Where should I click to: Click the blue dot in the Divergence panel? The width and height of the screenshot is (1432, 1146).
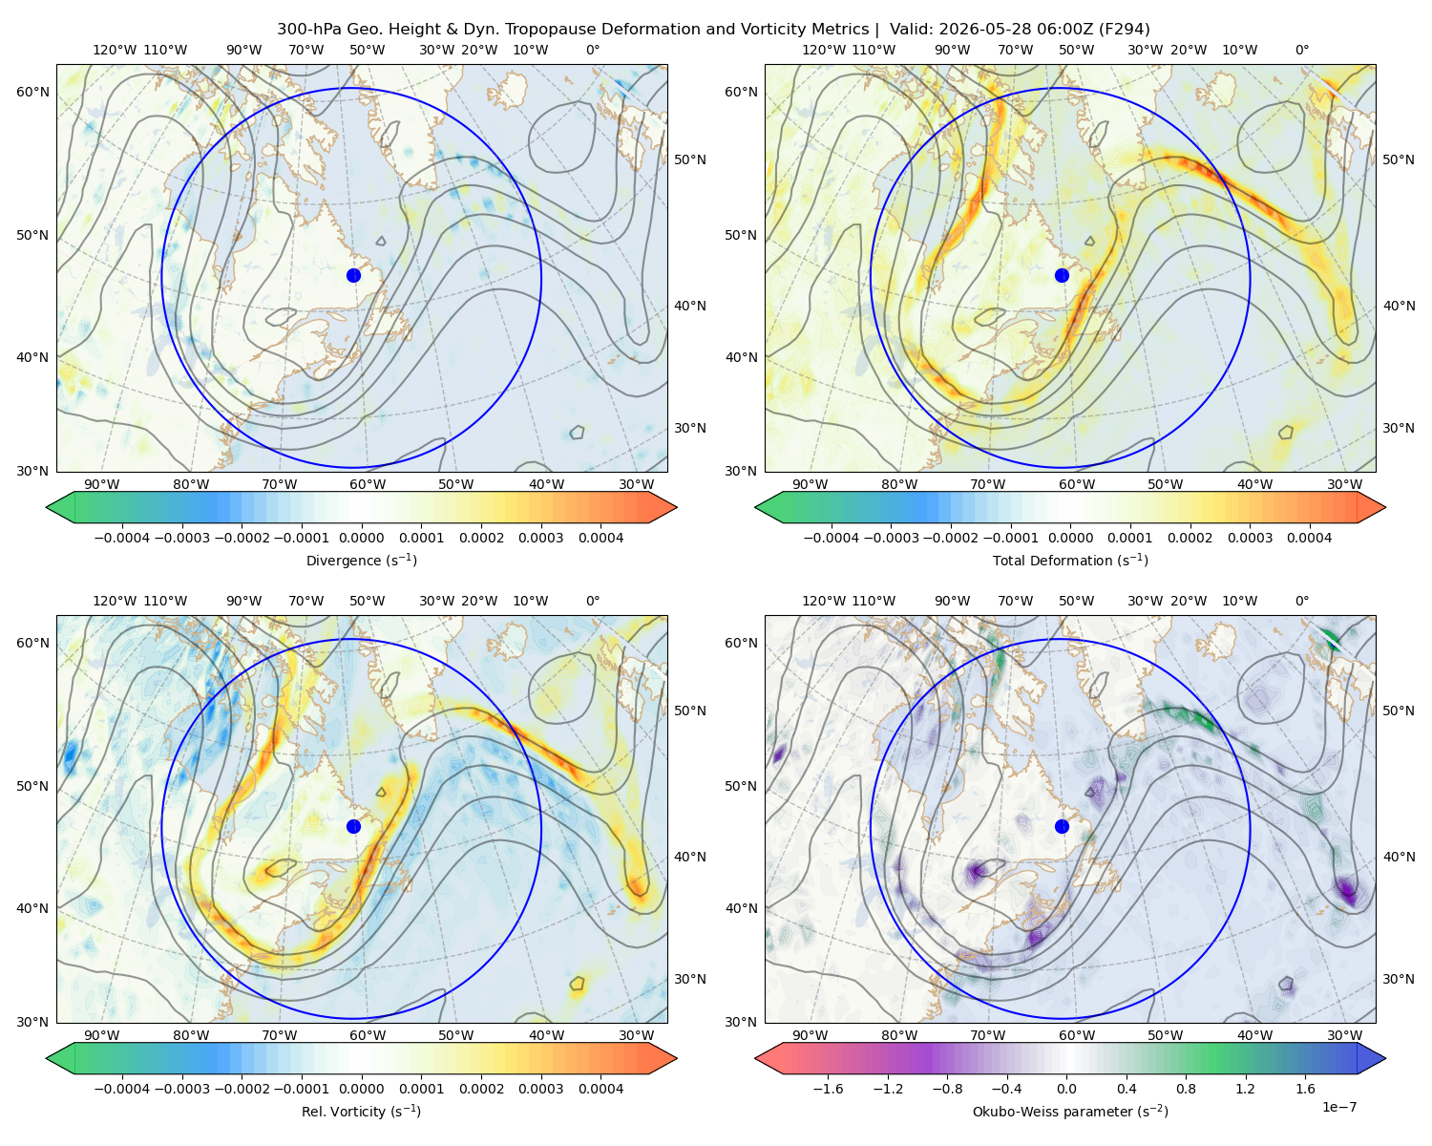[x=353, y=276]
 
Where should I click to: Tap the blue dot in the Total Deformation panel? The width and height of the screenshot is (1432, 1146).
[x=1062, y=276]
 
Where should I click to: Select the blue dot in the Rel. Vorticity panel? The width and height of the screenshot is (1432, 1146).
[x=353, y=826]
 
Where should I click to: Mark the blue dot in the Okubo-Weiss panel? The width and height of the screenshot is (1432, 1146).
[x=1062, y=826]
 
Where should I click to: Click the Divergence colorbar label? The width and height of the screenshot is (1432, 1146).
[x=361, y=561]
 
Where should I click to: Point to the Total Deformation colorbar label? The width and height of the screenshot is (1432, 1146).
[x=1070, y=561]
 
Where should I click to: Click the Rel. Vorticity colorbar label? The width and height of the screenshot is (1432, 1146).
[x=361, y=1112]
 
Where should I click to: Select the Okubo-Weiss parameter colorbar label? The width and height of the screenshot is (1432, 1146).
[x=1070, y=1112]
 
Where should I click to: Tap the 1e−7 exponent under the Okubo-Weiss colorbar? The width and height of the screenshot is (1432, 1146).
[x=1338, y=1108]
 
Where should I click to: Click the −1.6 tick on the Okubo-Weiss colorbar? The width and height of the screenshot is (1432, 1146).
[x=828, y=1089]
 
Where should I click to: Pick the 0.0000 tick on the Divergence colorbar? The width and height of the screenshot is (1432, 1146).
[x=361, y=538]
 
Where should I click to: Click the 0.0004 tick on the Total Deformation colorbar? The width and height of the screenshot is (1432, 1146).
[x=1309, y=538]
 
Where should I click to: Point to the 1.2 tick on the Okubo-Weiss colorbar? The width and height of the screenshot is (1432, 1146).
[x=1245, y=1089]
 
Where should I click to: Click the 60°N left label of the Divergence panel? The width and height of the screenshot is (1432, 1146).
[x=32, y=92]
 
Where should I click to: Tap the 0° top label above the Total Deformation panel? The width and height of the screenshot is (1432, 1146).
[x=1301, y=50]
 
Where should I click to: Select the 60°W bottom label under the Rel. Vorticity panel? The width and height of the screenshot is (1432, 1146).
[x=368, y=1035]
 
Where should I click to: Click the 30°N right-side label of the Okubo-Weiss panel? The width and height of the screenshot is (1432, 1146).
[x=1398, y=979]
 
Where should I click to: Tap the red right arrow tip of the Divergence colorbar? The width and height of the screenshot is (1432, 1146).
[x=677, y=507]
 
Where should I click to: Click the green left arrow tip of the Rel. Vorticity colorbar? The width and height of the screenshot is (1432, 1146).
[x=47, y=1058]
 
